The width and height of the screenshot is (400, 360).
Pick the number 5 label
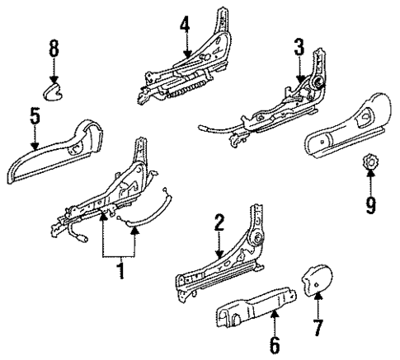click(34, 115)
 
